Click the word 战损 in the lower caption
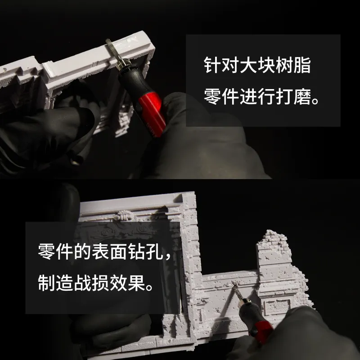(91, 283)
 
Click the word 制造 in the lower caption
(55, 283)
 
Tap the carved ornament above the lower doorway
(124, 216)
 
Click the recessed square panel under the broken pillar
(277, 307)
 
